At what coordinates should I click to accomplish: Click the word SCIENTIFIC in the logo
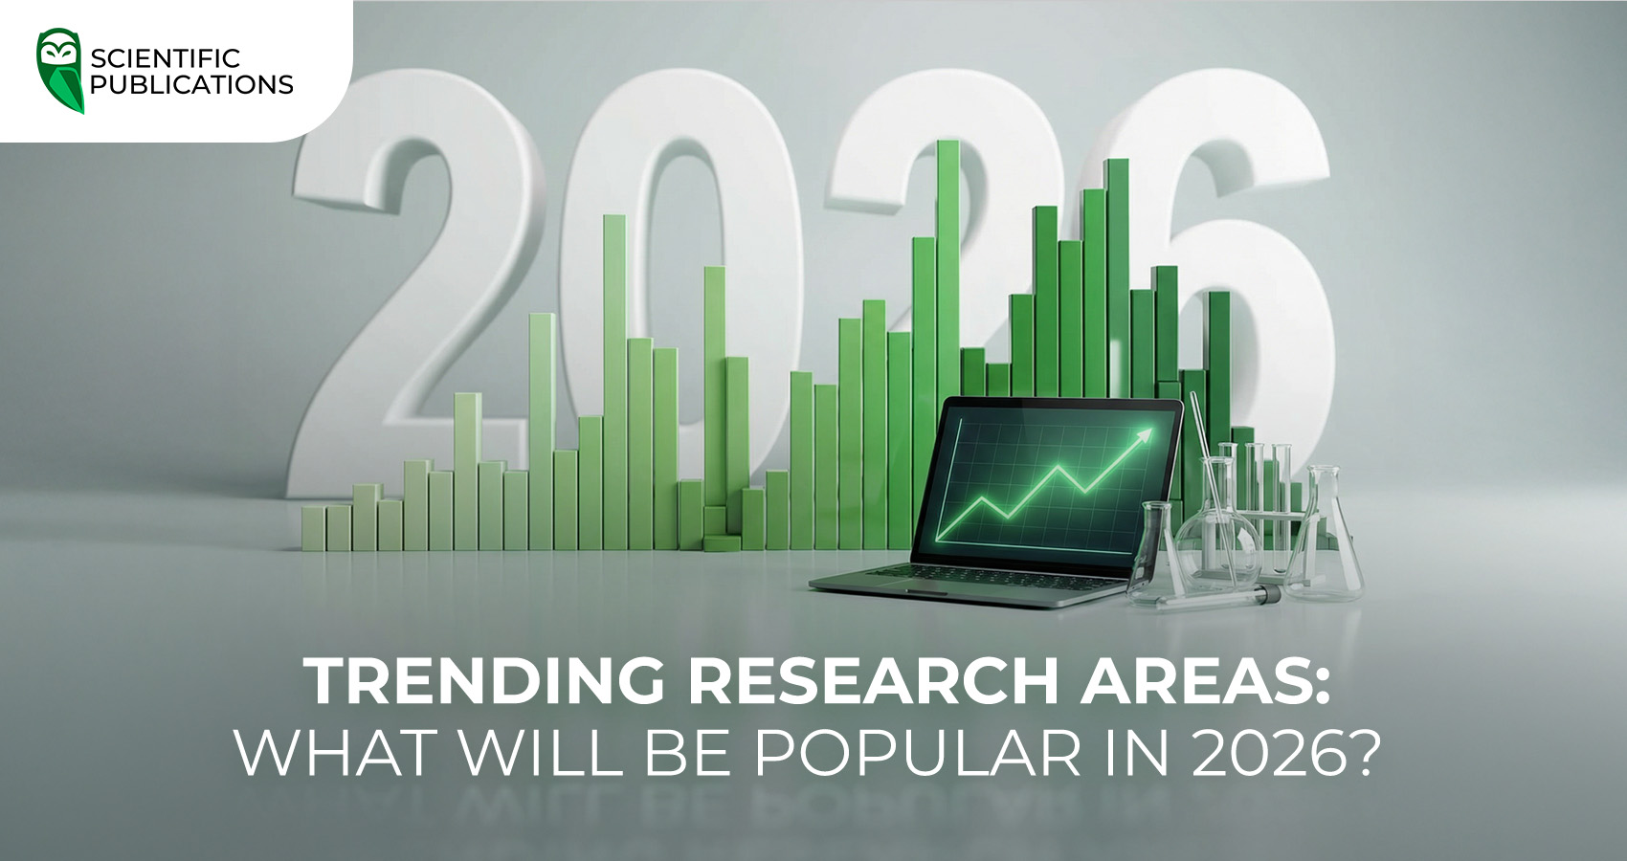(166, 58)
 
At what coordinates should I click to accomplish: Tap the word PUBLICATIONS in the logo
(191, 85)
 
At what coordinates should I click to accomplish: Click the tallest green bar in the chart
(947, 287)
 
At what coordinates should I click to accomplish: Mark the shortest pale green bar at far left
(313, 528)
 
